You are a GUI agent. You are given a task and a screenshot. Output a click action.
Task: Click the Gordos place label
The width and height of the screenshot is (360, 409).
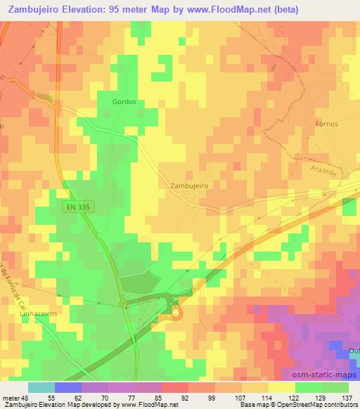[x=124, y=101]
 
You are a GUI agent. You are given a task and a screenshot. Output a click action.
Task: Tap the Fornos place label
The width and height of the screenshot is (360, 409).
[x=327, y=124]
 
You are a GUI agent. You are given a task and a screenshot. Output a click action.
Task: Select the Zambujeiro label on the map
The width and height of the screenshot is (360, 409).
[x=188, y=186]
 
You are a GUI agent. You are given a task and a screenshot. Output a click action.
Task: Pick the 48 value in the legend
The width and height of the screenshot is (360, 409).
[x=22, y=398]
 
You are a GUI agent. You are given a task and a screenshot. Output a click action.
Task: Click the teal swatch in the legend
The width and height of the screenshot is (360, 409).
[x=41, y=387]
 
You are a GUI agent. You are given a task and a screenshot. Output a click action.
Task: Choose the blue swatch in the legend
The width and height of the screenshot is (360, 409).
[x=67, y=387]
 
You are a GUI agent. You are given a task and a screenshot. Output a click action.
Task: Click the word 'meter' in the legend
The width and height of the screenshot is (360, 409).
[x=9, y=398]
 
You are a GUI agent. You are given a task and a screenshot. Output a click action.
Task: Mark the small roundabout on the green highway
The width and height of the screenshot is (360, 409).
[x=124, y=303]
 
